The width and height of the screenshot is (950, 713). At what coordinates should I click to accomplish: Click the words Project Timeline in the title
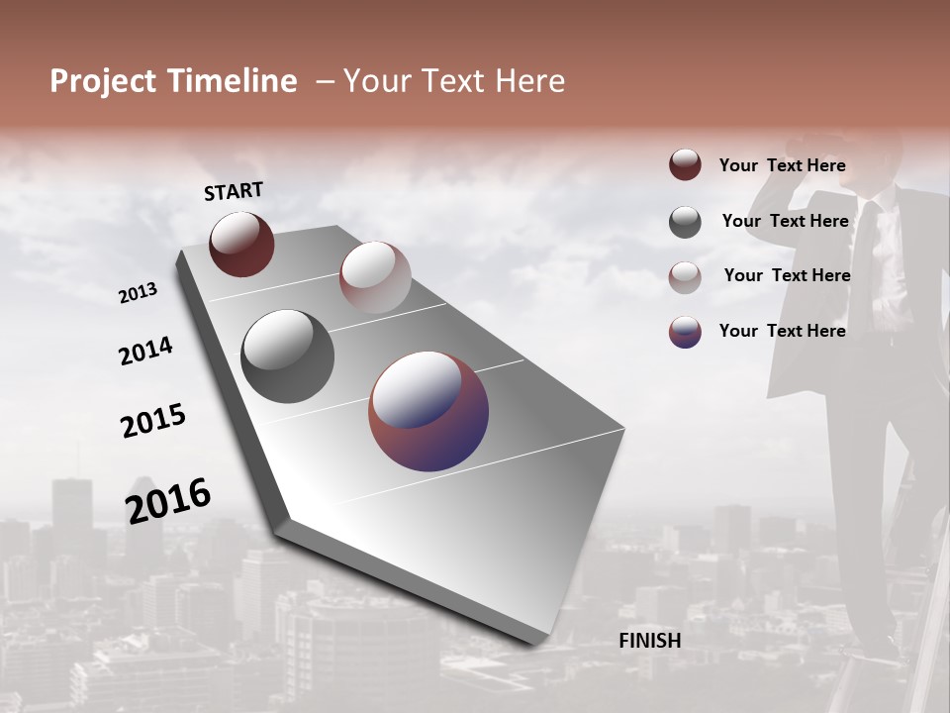pos(173,81)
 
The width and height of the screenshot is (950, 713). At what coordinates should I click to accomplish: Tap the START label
pos(234,191)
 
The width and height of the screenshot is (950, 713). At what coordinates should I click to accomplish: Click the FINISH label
pos(649,641)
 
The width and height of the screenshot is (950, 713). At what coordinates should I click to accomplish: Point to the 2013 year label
pos(138,293)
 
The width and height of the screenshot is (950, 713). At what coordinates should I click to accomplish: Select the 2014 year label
pos(145,351)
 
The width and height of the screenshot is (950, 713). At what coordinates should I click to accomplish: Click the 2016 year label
pos(168,500)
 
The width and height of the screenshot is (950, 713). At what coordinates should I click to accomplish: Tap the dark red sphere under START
pos(241,244)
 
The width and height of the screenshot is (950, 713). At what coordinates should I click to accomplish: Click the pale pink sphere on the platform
pos(374,277)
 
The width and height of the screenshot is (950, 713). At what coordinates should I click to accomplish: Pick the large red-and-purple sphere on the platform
pos(428,411)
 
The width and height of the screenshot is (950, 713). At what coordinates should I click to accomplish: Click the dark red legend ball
pos(685,164)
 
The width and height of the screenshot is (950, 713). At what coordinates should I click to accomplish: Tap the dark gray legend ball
pos(685,222)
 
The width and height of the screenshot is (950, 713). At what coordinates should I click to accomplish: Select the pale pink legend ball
pos(685,277)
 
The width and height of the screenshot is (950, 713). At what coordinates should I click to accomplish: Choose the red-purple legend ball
pos(685,332)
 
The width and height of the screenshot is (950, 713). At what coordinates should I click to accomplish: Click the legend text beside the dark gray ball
pos(785,221)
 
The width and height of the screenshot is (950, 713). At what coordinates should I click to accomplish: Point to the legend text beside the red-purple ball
pos(782,331)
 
